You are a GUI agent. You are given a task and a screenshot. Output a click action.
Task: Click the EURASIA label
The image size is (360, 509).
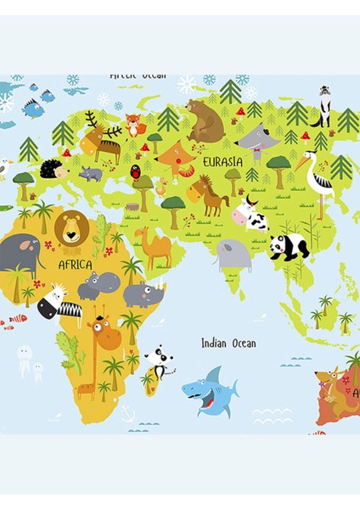(223, 160)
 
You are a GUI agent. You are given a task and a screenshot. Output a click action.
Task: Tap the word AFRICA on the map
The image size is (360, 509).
(75, 265)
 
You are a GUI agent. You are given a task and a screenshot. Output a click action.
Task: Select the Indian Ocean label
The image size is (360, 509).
(228, 344)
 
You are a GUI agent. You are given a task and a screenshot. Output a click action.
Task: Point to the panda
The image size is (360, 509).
(288, 247)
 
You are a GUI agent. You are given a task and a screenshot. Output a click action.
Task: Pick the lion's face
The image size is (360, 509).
(70, 227)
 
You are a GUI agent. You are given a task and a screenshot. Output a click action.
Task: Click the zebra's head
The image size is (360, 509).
(51, 302)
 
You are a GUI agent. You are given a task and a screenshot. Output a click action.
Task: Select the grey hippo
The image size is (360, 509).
(92, 285)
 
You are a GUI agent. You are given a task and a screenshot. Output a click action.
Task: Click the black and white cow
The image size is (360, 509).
(250, 215)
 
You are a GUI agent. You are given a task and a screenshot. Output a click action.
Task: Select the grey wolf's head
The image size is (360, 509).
(254, 136)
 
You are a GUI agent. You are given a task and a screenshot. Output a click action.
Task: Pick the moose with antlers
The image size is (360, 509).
(101, 140)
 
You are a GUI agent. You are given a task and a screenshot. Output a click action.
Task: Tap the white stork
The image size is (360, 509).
(320, 182)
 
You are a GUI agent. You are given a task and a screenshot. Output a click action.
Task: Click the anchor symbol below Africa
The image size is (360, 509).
(127, 414)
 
